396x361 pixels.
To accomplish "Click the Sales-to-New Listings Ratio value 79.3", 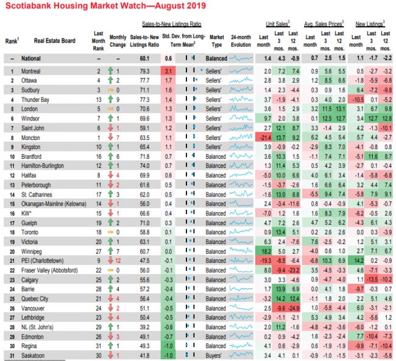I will click(x=144, y=71).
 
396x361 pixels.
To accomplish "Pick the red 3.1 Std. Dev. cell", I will click(x=169, y=71).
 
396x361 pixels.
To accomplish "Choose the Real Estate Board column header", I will click(x=52, y=41).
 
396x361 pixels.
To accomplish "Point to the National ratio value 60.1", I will click(x=144, y=58).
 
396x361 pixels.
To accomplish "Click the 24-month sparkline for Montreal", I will click(x=241, y=71).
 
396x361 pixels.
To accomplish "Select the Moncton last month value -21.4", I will click(x=264, y=138).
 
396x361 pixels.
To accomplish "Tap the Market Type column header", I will click(x=214, y=41).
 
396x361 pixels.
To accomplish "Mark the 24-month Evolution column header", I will click(x=241, y=41).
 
